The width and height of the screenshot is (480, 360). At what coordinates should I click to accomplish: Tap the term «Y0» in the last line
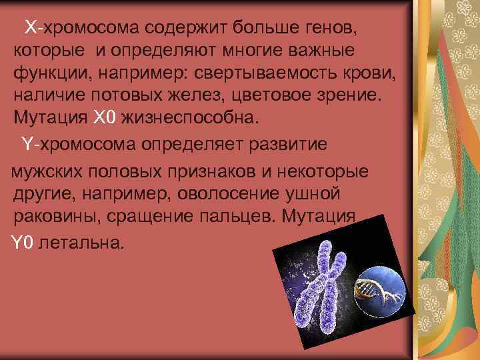point(23,242)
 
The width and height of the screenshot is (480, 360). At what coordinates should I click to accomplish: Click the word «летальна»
point(83,242)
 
